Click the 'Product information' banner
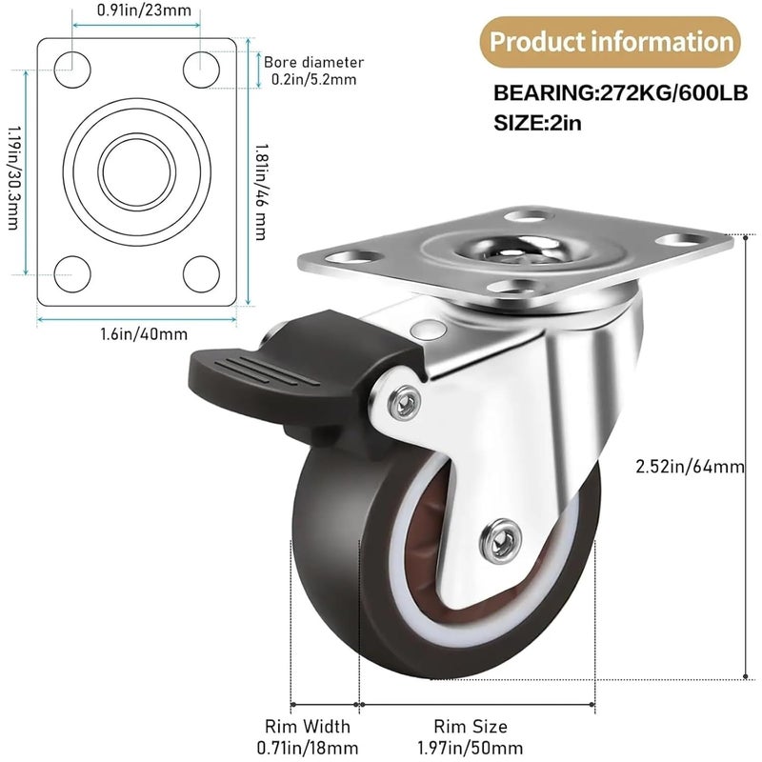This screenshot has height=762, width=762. (610, 42)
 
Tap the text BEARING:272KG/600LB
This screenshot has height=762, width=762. (620, 93)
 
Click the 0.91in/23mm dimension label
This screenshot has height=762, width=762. (137, 12)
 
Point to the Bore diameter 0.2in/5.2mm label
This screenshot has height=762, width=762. (313, 70)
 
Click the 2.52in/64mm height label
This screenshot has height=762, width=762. (690, 466)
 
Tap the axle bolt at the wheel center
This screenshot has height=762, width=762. (501, 542)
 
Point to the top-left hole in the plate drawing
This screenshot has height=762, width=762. (70, 65)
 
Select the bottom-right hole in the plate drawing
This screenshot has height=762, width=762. (202, 274)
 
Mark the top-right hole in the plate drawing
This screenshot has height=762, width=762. (202, 65)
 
